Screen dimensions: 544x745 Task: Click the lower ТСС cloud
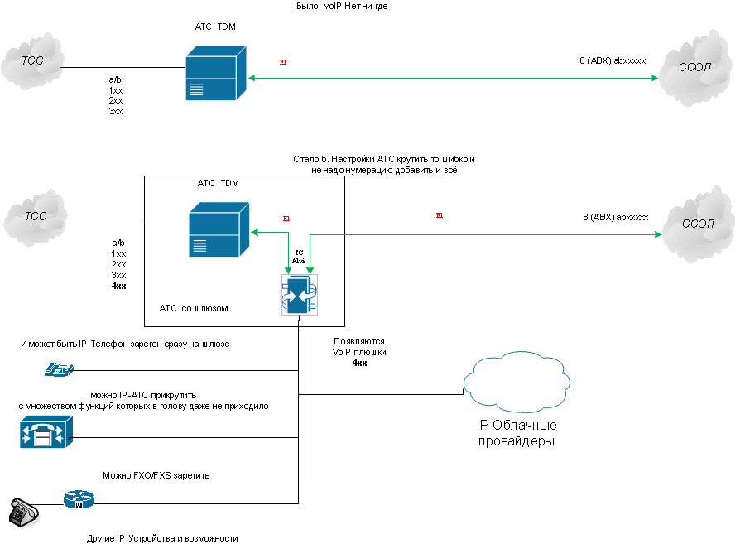(x=34, y=218)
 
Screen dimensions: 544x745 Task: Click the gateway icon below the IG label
(x=299, y=293)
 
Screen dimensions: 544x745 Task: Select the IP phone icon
(x=59, y=371)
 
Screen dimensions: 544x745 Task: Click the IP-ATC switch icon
(x=46, y=431)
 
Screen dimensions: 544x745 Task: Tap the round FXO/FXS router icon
(x=79, y=499)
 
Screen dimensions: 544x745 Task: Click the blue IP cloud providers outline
(x=517, y=388)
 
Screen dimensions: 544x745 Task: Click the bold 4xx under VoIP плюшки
(x=359, y=363)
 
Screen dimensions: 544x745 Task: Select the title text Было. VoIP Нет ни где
(x=342, y=6)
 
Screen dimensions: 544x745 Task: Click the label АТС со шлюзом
(x=193, y=308)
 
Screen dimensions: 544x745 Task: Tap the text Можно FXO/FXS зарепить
(x=156, y=476)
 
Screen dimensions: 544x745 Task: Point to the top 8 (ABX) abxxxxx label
(x=613, y=60)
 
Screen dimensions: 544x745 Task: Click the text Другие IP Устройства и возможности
(x=162, y=538)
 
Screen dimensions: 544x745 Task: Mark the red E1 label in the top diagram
(x=284, y=62)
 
